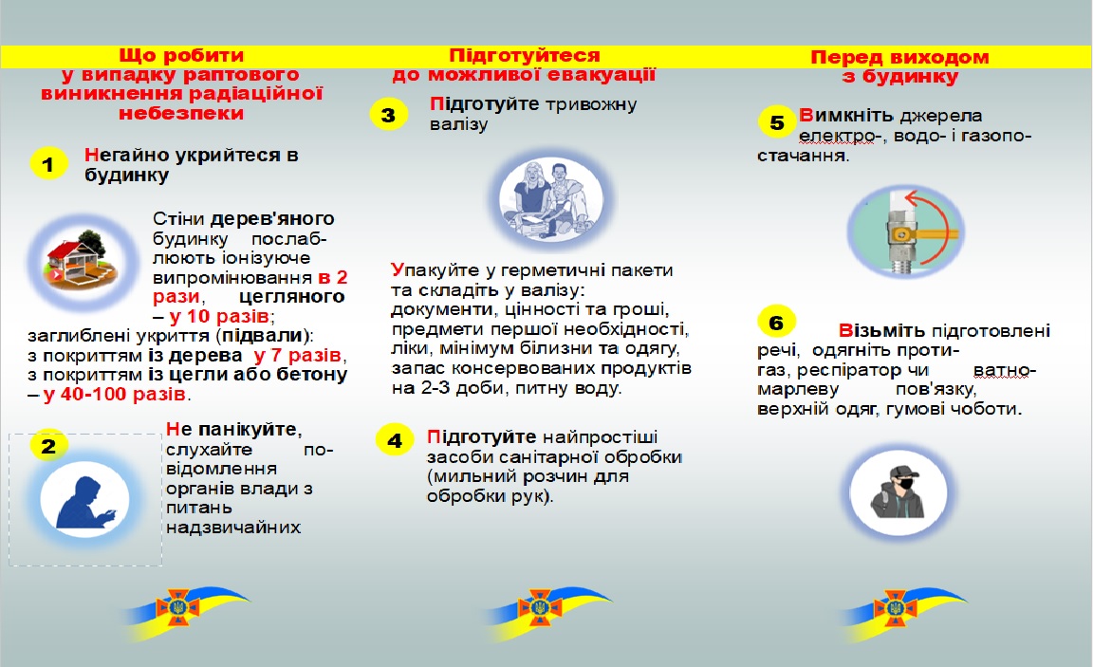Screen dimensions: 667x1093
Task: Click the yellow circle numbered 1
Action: (x=48, y=163)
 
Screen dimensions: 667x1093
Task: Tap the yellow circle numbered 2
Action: (x=48, y=444)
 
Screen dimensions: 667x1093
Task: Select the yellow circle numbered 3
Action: (x=388, y=116)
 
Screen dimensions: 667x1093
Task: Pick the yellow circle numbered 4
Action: (x=395, y=439)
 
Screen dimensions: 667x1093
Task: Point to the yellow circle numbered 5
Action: (x=777, y=123)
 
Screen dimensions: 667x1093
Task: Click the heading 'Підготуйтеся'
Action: (x=525, y=54)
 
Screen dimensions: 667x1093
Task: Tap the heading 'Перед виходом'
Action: (x=899, y=57)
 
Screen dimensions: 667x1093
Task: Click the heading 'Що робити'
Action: (x=182, y=55)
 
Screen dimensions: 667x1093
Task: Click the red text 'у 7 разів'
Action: (x=297, y=356)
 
